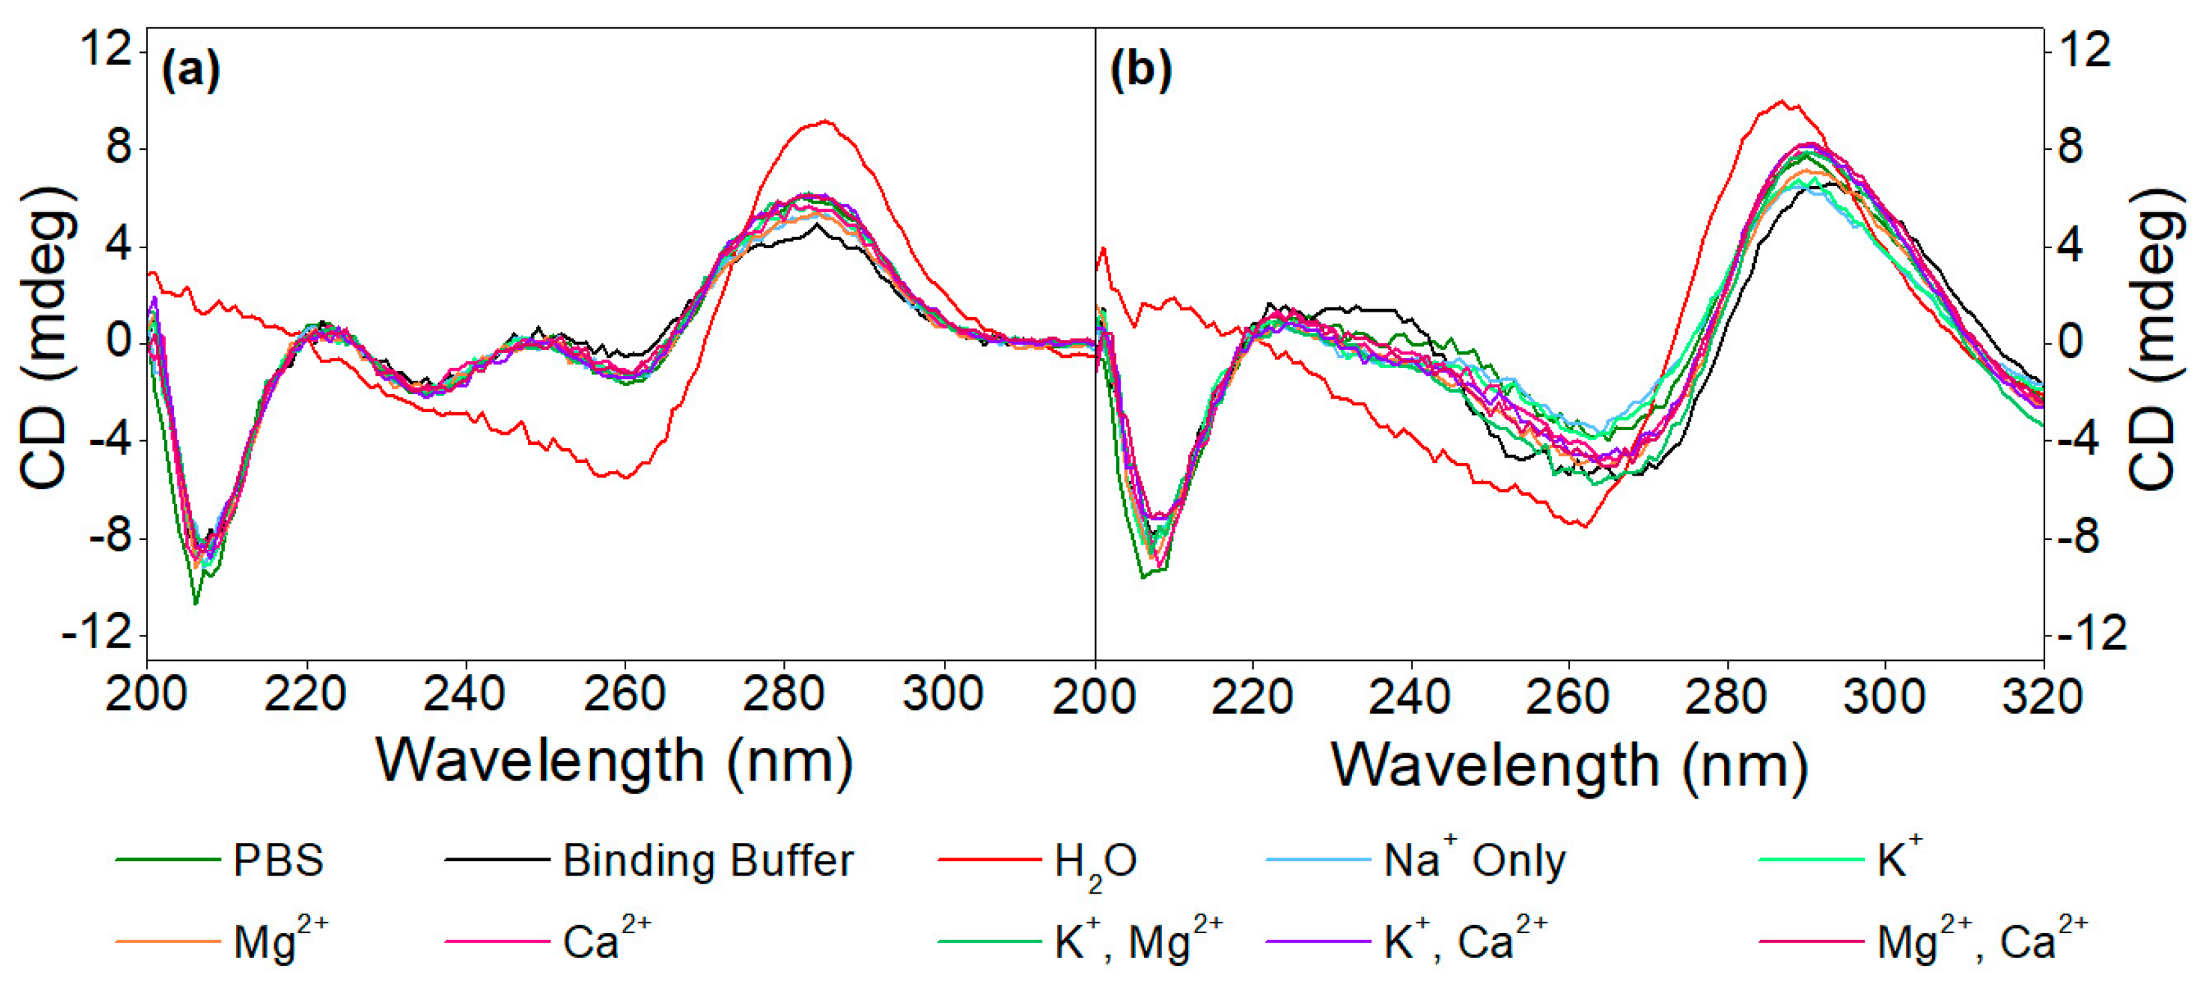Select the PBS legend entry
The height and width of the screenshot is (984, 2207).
278,860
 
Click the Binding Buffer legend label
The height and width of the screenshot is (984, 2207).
708,860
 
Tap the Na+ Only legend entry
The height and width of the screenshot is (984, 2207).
1474,860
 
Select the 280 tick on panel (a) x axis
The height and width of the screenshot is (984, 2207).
784,694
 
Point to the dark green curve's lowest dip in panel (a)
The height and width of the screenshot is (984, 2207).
195,604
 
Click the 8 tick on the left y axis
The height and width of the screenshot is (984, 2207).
120,147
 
